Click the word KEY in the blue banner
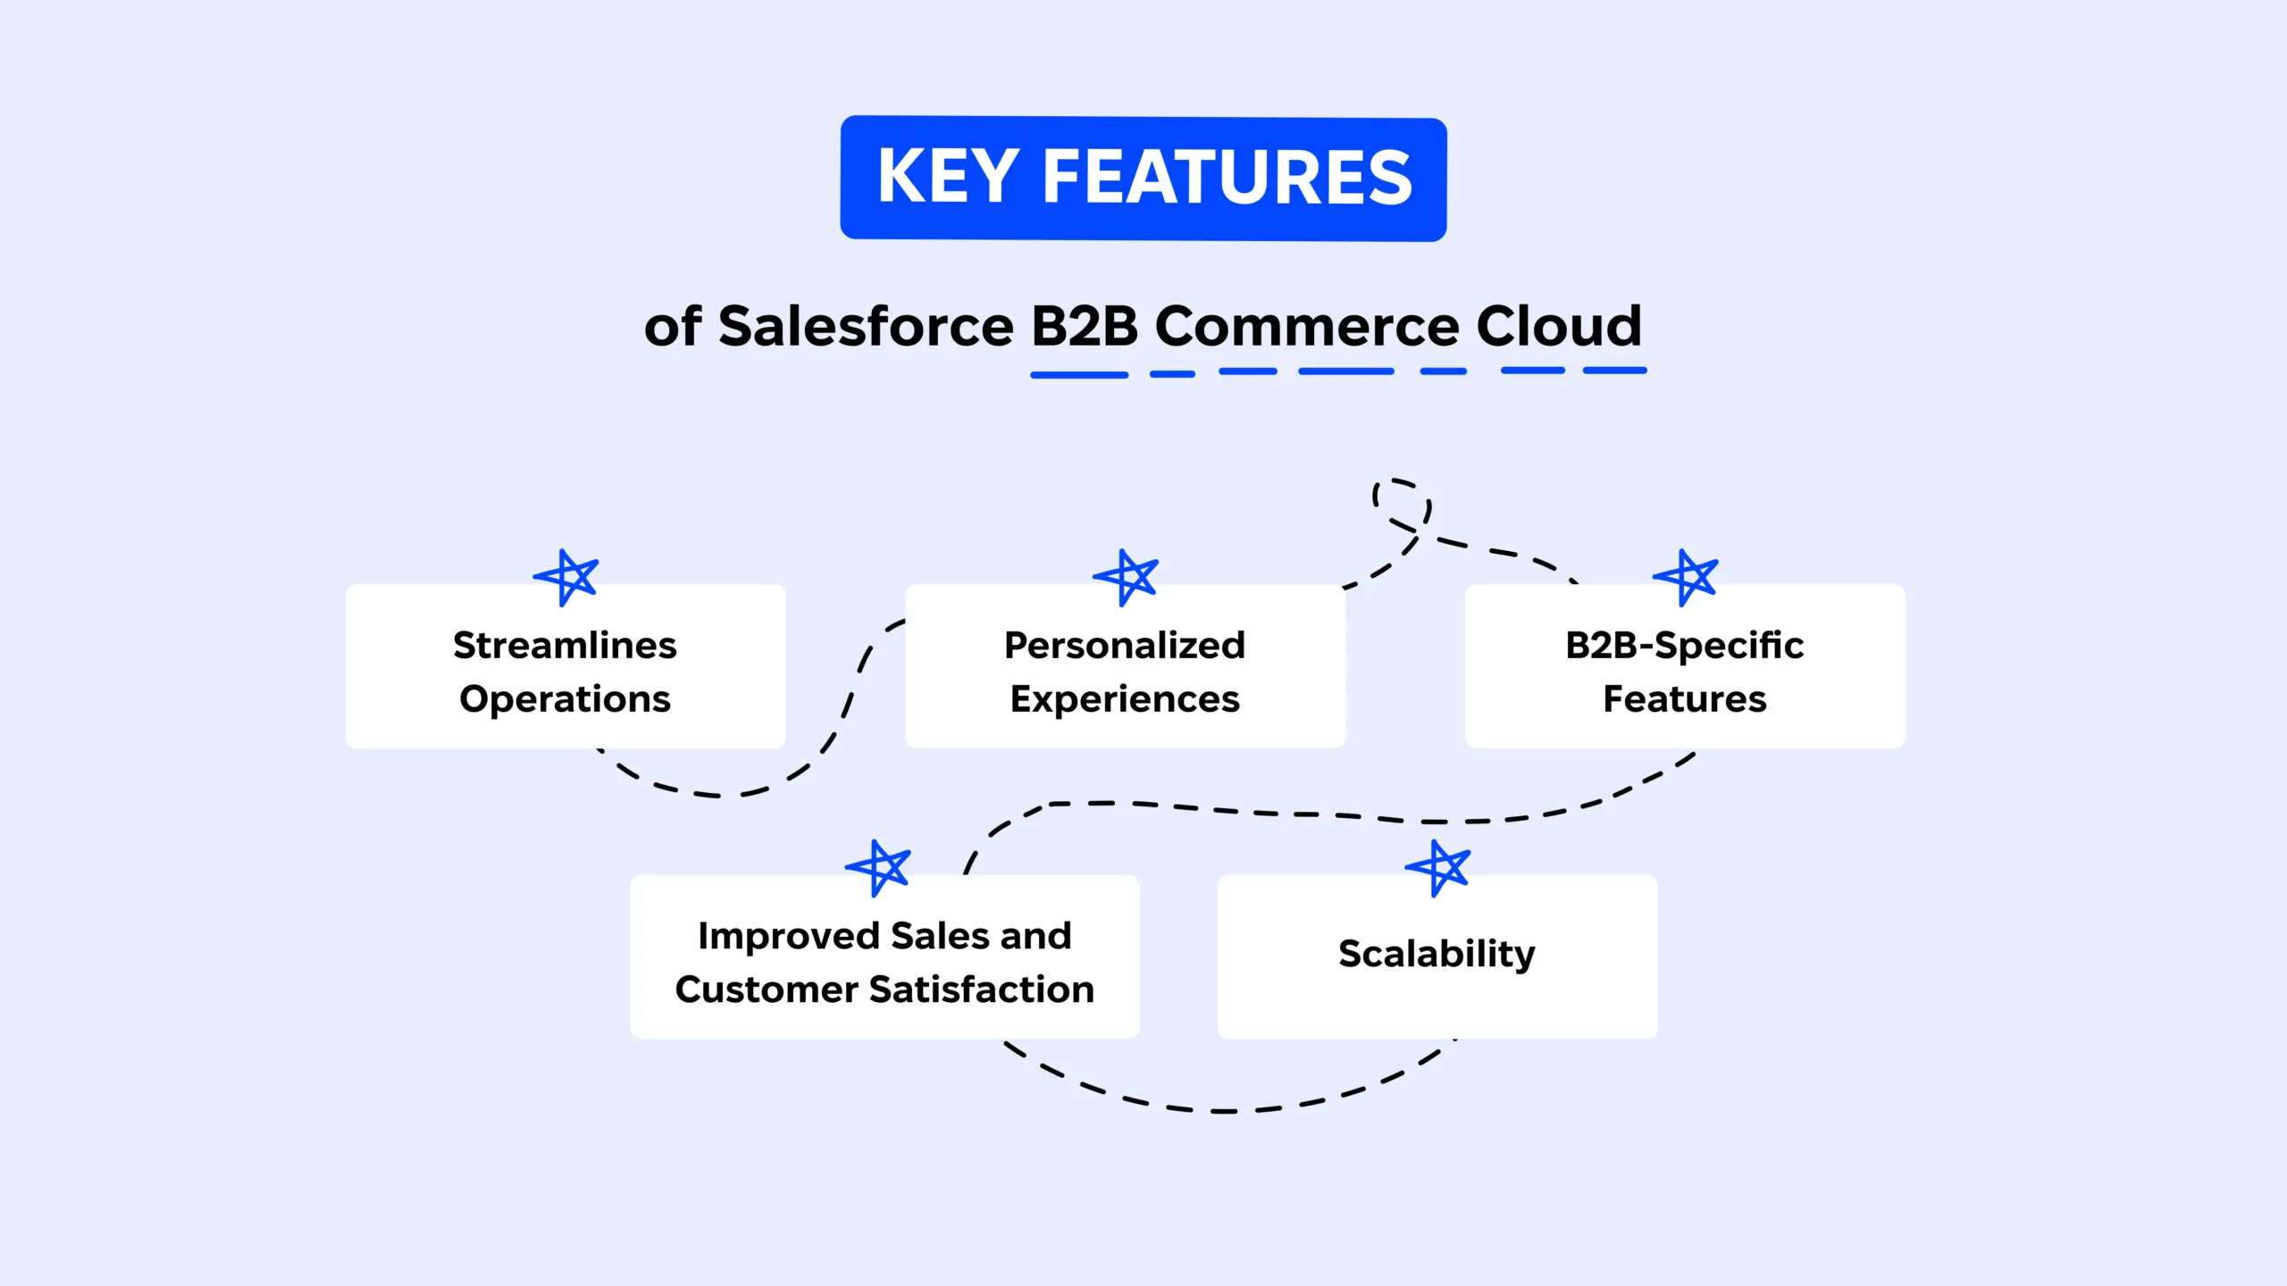coord(948,177)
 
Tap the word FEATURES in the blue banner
coord(1227,177)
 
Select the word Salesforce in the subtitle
coord(866,326)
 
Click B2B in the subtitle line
coord(1084,326)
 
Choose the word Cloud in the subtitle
coord(1559,326)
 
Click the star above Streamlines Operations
coord(566,577)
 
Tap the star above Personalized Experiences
coord(1127,577)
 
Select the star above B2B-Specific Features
coord(1686,577)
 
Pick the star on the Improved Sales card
coord(879,867)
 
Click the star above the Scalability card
coord(1438,867)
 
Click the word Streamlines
coord(565,645)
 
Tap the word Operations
coord(565,698)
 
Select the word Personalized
coord(1125,645)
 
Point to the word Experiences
coord(1125,698)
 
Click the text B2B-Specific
coord(1684,645)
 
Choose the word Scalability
coord(1437,954)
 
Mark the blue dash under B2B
coord(1079,375)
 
